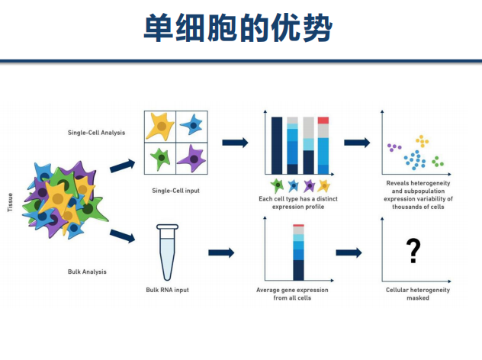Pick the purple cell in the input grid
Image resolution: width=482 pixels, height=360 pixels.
pyautogui.click(x=193, y=158)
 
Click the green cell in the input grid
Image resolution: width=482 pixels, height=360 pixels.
pyautogui.click(x=161, y=159)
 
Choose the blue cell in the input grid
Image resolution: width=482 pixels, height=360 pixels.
pyautogui.click(x=192, y=124)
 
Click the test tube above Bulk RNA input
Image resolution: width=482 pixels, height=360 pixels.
pyautogui.click(x=167, y=252)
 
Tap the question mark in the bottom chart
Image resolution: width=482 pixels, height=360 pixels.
pyautogui.click(x=413, y=250)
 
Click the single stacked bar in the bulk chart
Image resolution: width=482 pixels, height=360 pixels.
pyautogui.click(x=298, y=252)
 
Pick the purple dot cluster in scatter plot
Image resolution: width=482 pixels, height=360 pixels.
pyautogui.click(x=394, y=146)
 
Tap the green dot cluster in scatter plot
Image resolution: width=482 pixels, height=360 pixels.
pyautogui.click(x=437, y=161)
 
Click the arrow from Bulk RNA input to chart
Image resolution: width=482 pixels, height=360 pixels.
pyautogui.click(x=220, y=252)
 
